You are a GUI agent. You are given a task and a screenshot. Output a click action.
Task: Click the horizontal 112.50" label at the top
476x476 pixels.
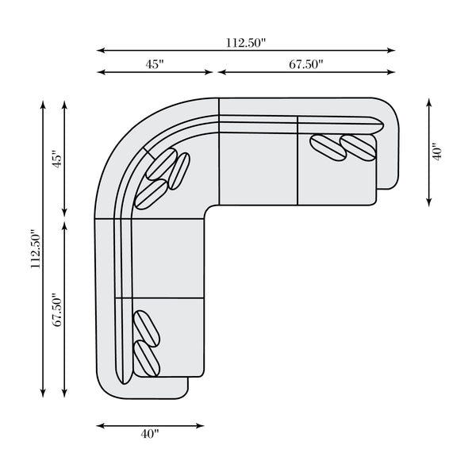coord(246,43)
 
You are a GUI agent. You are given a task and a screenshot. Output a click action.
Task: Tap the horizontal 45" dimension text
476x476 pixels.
coord(155,64)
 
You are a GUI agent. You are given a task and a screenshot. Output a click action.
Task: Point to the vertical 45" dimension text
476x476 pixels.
coord(57,159)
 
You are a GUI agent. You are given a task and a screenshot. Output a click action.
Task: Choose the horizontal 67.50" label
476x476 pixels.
coord(306,64)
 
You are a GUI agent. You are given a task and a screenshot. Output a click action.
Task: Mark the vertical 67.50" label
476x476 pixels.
coord(57,309)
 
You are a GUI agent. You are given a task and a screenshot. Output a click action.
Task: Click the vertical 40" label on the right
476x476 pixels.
coord(437,152)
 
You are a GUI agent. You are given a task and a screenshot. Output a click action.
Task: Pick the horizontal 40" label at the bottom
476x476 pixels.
coord(150,434)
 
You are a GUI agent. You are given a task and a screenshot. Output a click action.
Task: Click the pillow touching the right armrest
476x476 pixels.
coord(359,148)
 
